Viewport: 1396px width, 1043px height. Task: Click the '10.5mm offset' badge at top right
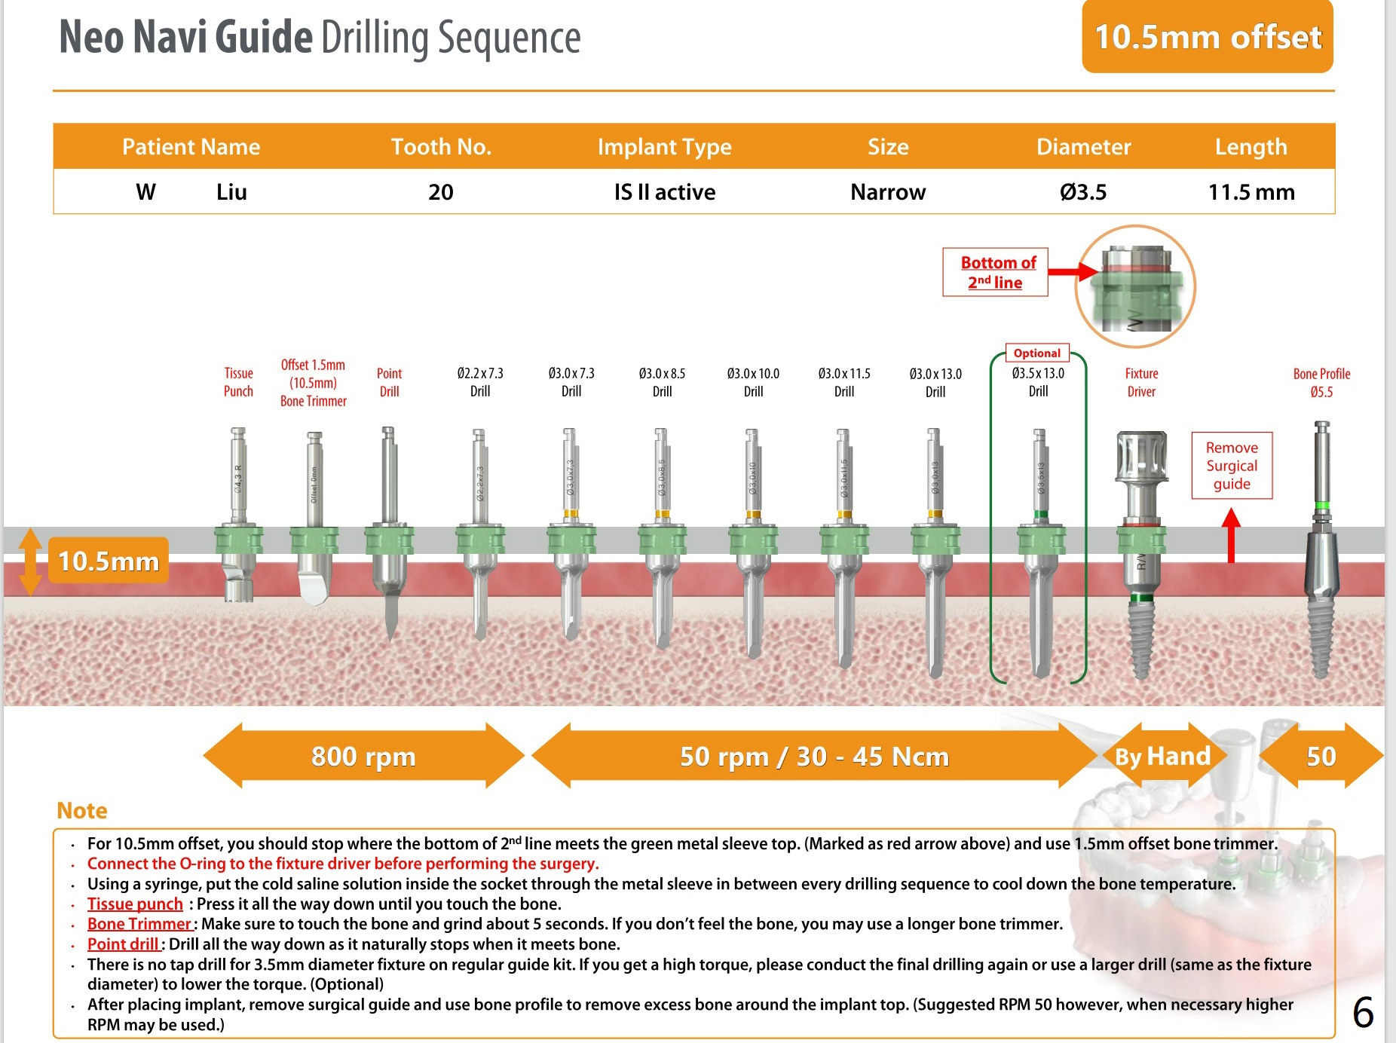coord(1207,37)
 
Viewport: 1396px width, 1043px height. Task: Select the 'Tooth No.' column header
coord(441,146)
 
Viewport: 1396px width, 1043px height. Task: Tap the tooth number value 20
coord(441,192)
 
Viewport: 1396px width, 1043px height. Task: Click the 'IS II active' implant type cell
coord(664,192)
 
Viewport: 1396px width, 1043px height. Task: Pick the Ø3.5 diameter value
coord(1083,192)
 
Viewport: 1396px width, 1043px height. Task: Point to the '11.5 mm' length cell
coord(1251,192)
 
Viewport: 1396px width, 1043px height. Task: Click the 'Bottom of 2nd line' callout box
coord(995,272)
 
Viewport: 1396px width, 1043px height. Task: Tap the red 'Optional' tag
coord(1036,353)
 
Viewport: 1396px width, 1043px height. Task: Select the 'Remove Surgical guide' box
coord(1232,466)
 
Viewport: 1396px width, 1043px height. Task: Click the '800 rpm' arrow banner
coord(363,756)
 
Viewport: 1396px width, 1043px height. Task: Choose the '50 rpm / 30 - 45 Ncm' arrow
coord(814,756)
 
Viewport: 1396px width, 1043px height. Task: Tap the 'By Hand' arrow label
coord(1162,756)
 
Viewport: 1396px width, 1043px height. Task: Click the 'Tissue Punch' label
coord(238,382)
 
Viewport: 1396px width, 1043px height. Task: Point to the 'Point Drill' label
coord(389,382)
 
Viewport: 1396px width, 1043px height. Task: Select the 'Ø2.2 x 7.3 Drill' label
coord(480,382)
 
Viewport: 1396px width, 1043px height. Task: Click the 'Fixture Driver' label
coord(1141,382)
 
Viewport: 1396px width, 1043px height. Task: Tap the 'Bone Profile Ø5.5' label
coord(1321,382)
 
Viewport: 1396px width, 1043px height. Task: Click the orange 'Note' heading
coord(82,810)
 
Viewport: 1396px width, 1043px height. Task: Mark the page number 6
coord(1363,1012)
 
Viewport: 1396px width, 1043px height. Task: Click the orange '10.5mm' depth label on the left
coord(109,561)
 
